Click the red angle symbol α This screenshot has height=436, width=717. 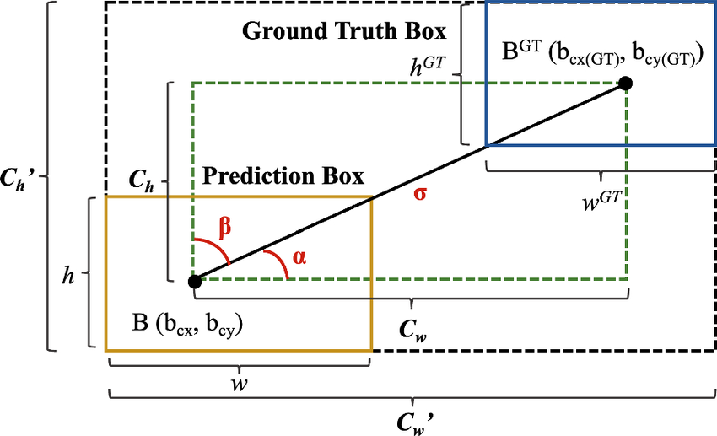click(x=299, y=257)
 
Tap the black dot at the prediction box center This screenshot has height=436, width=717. click(x=194, y=281)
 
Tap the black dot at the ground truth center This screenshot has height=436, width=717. click(x=625, y=83)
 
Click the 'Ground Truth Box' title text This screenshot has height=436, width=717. click(x=344, y=33)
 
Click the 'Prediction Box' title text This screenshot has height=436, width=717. click(x=284, y=178)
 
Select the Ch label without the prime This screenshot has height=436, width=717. click(x=141, y=180)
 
